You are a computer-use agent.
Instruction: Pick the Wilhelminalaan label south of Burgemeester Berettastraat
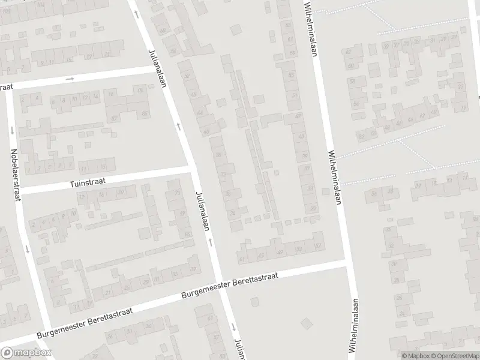click(x=355, y=325)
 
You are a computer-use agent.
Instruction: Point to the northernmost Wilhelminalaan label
click(x=310, y=28)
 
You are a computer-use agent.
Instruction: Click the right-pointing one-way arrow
click(x=70, y=79)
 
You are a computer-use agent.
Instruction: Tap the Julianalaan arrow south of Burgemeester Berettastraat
click(x=233, y=327)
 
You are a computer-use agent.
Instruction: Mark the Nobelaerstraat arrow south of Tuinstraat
click(x=27, y=248)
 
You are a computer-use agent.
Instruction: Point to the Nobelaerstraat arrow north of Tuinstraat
click(x=11, y=130)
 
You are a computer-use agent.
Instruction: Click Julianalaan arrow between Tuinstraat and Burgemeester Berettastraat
click(x=210, y=241)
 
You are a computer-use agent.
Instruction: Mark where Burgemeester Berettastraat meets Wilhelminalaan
click(x=347, y=263)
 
